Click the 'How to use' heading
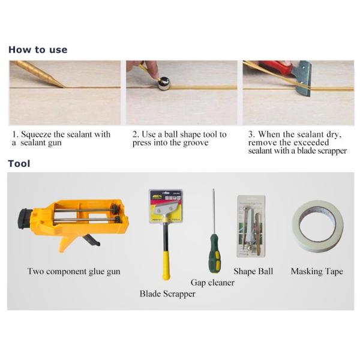(x=38, y=50)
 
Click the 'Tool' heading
(x=19, y=164)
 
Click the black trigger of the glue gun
(x=91, y=240)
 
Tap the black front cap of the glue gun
(x=24, y=218)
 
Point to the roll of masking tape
(x=318, y=226)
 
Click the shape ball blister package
(x=251, y=226)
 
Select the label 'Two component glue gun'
(x=74, y=272)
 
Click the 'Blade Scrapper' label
(x=167, y=294)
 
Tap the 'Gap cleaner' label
(x=212, y=283)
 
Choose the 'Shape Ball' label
(x=253, y=271)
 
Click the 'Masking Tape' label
(x=317, y=272)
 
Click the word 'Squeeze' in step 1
(x=36, y=134)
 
